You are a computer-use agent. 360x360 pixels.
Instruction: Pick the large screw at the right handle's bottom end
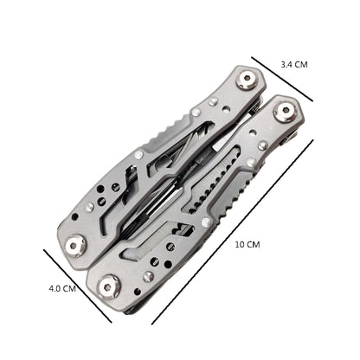coord(112,282)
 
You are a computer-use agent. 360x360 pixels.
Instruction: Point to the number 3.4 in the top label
coord(288,65)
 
